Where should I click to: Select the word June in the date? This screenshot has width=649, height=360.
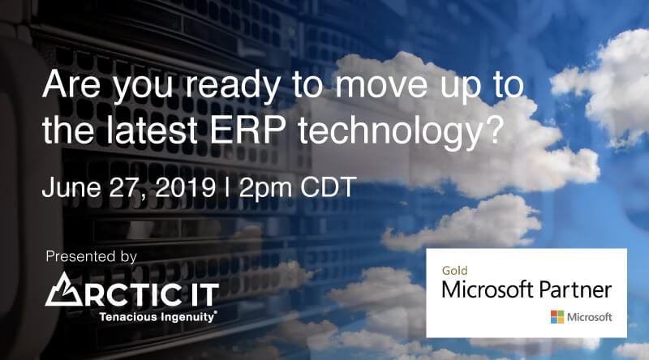pyautogui.click(x=71, y=187)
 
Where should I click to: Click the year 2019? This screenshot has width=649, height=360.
pyautogui.click(x=185, y=187)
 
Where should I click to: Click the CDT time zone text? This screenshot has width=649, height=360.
pyautogui.click(x=329, y=187)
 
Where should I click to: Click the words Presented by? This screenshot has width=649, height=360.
pyautogui.click(x=91, y=256)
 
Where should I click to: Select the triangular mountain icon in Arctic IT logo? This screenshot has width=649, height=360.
pyautogui.click(x=63, y=289)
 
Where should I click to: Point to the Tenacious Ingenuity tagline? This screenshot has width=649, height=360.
pyautogui.click(x=157, y=317)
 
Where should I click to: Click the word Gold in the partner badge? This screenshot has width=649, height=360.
pyautogui.click(x=454, y=271)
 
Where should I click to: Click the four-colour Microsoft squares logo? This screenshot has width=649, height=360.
pyautogui.click(x=557, y=317)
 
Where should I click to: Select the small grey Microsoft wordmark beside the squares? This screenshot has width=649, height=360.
pyautogui.click(x=590, y=317)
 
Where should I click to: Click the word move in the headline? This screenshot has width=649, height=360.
pyautogui.click(x=381, y=85)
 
